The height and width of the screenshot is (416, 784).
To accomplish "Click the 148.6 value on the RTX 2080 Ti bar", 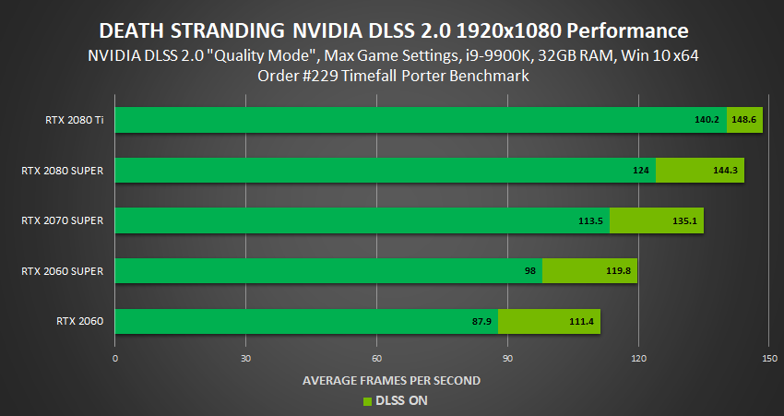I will tap(744, 120).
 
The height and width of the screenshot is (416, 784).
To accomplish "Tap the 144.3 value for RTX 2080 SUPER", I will tap(726, 171).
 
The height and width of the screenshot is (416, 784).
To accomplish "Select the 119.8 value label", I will tap(619, 271).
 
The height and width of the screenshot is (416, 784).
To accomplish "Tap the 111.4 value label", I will tap(582, 322).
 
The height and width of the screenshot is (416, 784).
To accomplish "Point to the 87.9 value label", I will tap(480, 322).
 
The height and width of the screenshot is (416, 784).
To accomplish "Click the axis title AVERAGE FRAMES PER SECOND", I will tap(392, 380).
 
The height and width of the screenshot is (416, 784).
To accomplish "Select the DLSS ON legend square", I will tap(366, 401).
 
